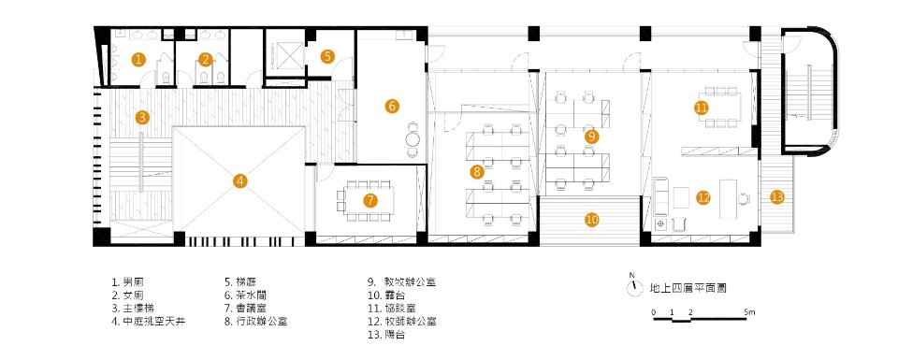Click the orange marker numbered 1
click(x=138, y=60)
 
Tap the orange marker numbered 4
click(x=240, y=180)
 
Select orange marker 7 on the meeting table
click(x=370, y=200)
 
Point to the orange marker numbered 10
click(x=591, y=220)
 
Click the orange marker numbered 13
click(x=777, y=196)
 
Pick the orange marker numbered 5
click(x=327, y=56)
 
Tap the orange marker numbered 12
click(x=703, y=197)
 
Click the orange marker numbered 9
click(x=591, y=136)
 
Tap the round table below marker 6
click(x=413, y=140)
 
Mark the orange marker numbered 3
click(x=141, y=118)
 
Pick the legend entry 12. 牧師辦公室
click(x=404, y=320)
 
